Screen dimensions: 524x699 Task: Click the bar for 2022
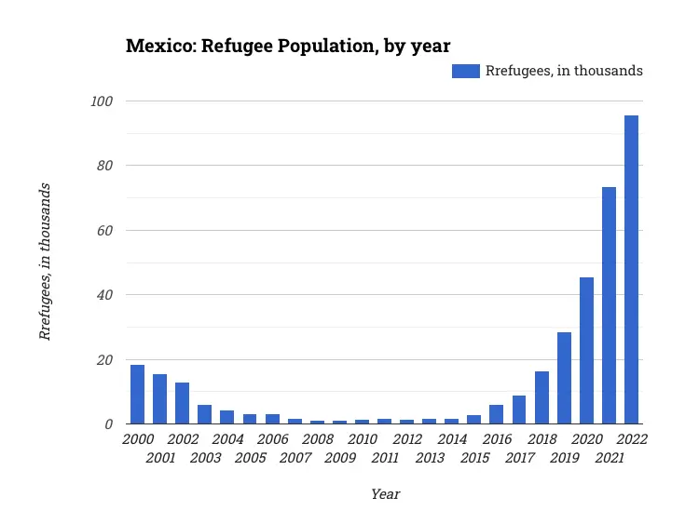[631, 270]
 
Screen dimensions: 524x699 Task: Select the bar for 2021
[609, 305]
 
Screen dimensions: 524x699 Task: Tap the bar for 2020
[586, 351]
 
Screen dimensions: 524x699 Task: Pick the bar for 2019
[564, 378]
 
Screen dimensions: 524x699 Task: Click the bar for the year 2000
[137, 395]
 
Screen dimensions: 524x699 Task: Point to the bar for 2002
[182, 403]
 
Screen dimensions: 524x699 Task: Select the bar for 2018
[541, 397]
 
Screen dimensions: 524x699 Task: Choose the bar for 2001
[159, 399]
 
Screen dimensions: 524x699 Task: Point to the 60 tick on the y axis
[104, 230]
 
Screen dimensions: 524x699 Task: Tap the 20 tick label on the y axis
[104, 359]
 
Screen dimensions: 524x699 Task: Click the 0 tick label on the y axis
[108, 424]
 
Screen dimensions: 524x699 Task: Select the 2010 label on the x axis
[363, 439]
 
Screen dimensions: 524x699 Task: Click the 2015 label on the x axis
[474, 457]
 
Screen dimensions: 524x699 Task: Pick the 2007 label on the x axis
[295, 457]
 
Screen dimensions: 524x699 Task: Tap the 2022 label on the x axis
[631, 439]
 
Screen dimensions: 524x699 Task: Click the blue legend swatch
[466, 71]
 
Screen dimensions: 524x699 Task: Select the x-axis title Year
[385, 494]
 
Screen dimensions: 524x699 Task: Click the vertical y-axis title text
[45, 262]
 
